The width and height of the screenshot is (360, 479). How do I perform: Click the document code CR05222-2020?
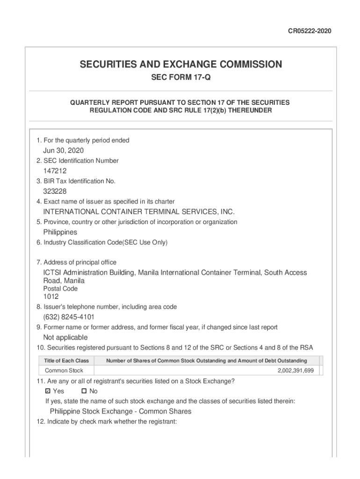tap(310, 31)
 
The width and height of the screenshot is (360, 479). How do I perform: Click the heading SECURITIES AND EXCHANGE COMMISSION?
tap(180, 64)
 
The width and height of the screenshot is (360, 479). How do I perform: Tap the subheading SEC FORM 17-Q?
tap(180, 77)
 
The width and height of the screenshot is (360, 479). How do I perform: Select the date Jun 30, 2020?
tap(64, 151)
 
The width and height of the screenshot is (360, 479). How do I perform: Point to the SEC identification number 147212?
tap(55, 171)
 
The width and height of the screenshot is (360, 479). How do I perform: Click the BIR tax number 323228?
tap(55, 191)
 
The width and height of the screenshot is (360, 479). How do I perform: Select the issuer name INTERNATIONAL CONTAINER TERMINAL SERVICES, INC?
tap(139, 212)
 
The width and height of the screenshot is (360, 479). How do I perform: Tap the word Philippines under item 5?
tap(60, 232)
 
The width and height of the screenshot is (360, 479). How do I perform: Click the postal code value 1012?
tap(51, 296)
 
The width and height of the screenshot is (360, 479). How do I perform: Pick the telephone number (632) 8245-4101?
tap(69, 317)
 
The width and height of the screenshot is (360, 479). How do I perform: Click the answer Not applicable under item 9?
tap(65, 337)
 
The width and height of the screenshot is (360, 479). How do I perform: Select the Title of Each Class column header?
tap(66, 361)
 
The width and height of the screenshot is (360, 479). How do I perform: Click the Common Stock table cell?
tap(64, 370)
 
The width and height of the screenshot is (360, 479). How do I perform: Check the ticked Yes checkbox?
tap(48, 391)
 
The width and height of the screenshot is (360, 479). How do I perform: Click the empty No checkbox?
tap(84, 391)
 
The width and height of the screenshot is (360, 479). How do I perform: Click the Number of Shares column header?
tap(207, 361)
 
